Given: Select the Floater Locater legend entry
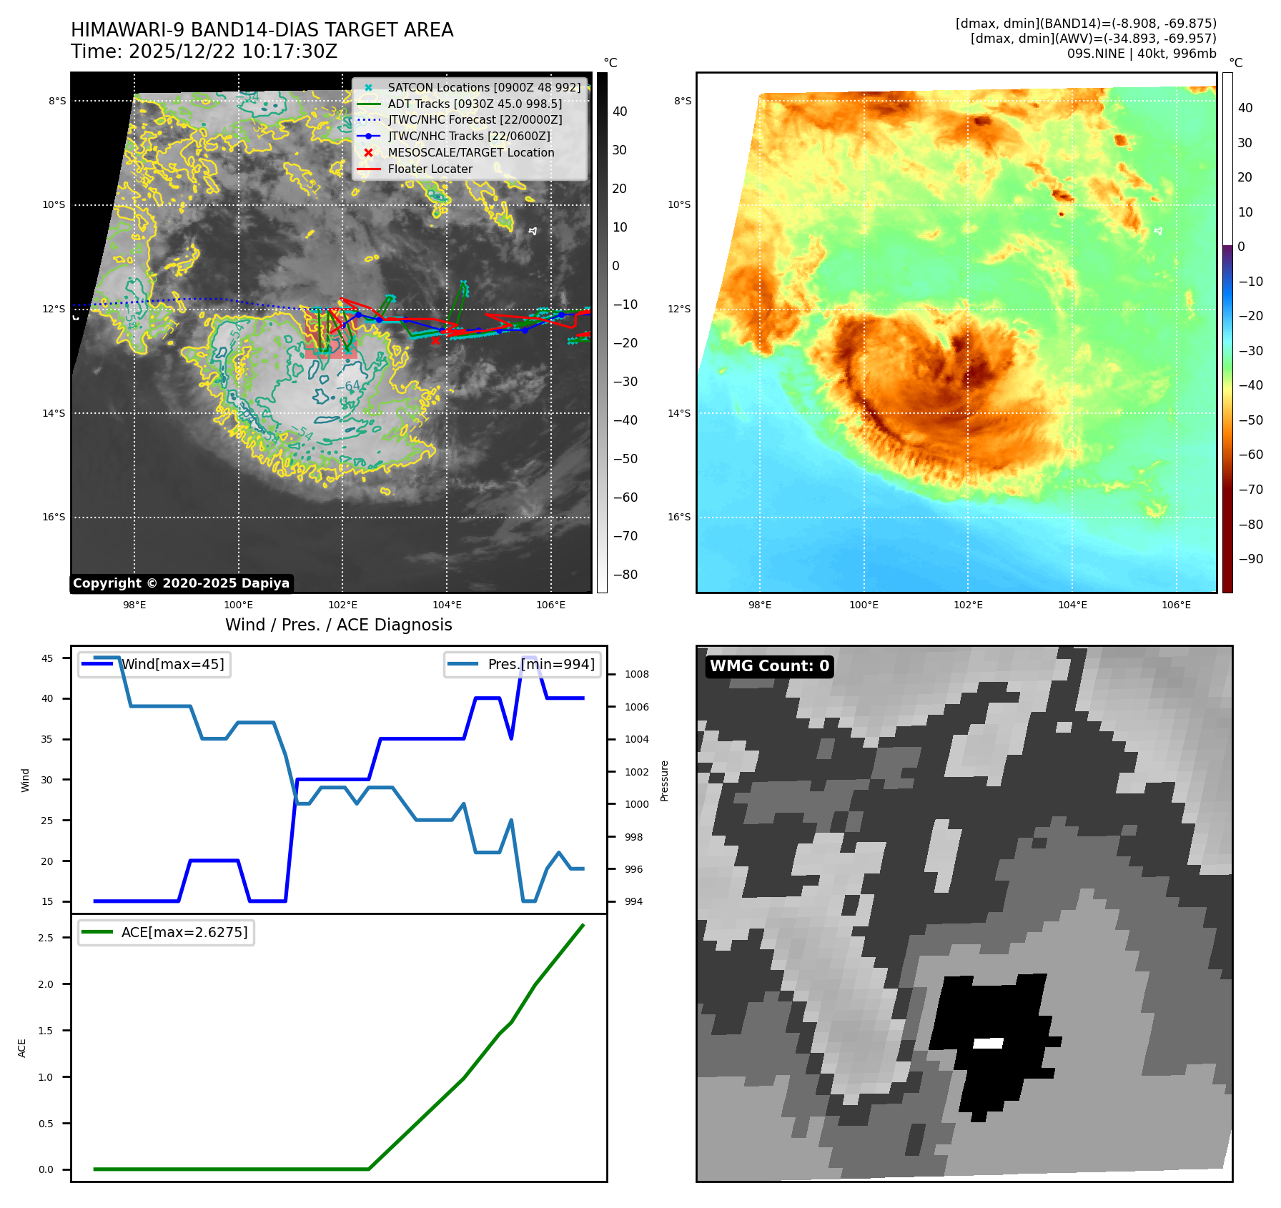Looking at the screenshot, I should (x=430, y=169).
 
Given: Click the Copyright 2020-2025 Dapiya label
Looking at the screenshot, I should (x=181, y=583).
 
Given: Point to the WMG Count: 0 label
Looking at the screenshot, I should (x=769, y=666).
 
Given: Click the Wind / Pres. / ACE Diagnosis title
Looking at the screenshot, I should (x=338, y=625).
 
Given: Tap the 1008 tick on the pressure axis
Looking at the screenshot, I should (x=636, y=675).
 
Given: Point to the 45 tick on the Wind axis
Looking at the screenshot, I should (x=47, y=658).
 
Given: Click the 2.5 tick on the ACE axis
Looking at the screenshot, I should (x=46, y=938).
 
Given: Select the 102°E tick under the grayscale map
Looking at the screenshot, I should (x=342, y=605).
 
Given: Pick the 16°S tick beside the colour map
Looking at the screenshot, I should (x=679, y=518).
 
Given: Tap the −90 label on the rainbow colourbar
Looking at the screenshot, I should (x=1250, y=559).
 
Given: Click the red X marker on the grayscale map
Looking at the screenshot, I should (x=435, y=340).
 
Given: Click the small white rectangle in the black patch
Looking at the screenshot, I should (x=988, y=1044).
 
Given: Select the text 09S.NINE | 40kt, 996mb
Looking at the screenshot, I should (x=1141, y=54).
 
